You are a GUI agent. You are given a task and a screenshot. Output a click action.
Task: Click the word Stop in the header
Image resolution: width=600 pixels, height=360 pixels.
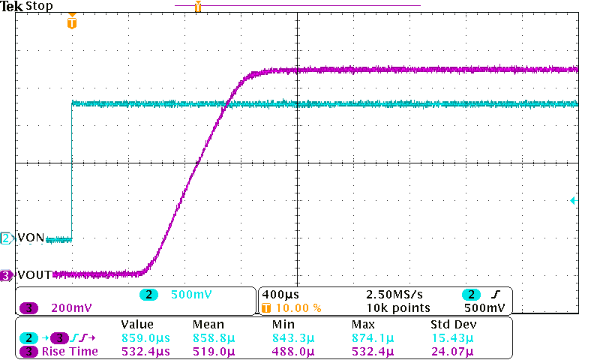(x=38, y=6)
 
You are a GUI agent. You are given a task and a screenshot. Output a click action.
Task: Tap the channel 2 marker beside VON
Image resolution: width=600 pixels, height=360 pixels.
(x=7, y=238)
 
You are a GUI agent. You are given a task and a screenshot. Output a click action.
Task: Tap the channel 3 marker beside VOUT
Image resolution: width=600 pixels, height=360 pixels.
(x=7, y=275)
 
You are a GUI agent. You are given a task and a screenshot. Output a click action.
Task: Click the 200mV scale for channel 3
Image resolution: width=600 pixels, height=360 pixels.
(x=72, y=307)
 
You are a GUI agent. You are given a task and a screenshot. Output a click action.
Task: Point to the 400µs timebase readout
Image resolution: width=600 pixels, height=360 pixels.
(x=279, y=295)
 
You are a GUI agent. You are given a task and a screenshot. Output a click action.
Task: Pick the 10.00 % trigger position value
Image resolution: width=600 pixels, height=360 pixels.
(x=297, y=307)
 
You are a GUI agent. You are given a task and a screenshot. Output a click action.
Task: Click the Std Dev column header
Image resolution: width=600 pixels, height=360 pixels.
(x=453, y=325)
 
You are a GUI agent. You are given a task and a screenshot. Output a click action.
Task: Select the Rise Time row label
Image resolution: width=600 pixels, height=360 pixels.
(x=70, y=351)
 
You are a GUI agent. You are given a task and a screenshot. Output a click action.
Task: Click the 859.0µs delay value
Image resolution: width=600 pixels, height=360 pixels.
(x=145, y=338)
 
